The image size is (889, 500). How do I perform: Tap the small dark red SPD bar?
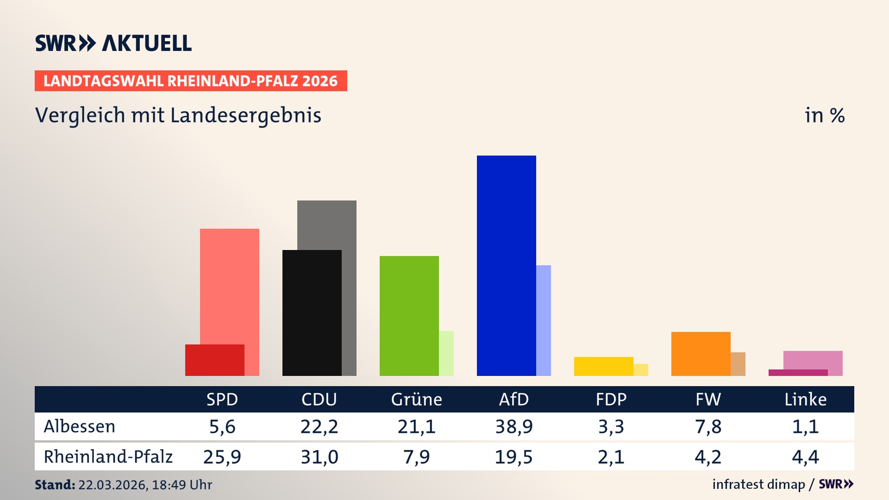coord(214,360)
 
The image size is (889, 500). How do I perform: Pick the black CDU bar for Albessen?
coord(312,312)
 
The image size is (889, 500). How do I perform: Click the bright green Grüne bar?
coord(409,316)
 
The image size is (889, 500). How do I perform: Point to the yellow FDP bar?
coord(603,366)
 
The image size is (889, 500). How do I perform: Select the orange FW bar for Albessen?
coord(701,354)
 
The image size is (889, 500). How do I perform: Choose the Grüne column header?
coord(416,399)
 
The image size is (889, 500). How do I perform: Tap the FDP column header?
coord(611,399)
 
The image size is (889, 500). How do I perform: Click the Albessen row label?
coord(79,426)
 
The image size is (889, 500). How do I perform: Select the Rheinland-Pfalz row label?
coord(108,457)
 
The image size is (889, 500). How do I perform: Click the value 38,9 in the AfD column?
coord(513,426)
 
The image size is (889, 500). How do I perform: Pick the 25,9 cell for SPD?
coord(222,457)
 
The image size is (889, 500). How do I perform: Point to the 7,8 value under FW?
coord(708,426)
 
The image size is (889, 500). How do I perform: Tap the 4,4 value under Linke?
coord(805,457)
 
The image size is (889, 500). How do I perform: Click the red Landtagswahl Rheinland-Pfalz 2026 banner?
coord(190,81)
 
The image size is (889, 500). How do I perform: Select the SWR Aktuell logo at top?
coord(113,43)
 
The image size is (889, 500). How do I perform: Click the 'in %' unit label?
coord(824,115)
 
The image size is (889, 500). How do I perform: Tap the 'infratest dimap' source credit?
coord(758,484)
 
